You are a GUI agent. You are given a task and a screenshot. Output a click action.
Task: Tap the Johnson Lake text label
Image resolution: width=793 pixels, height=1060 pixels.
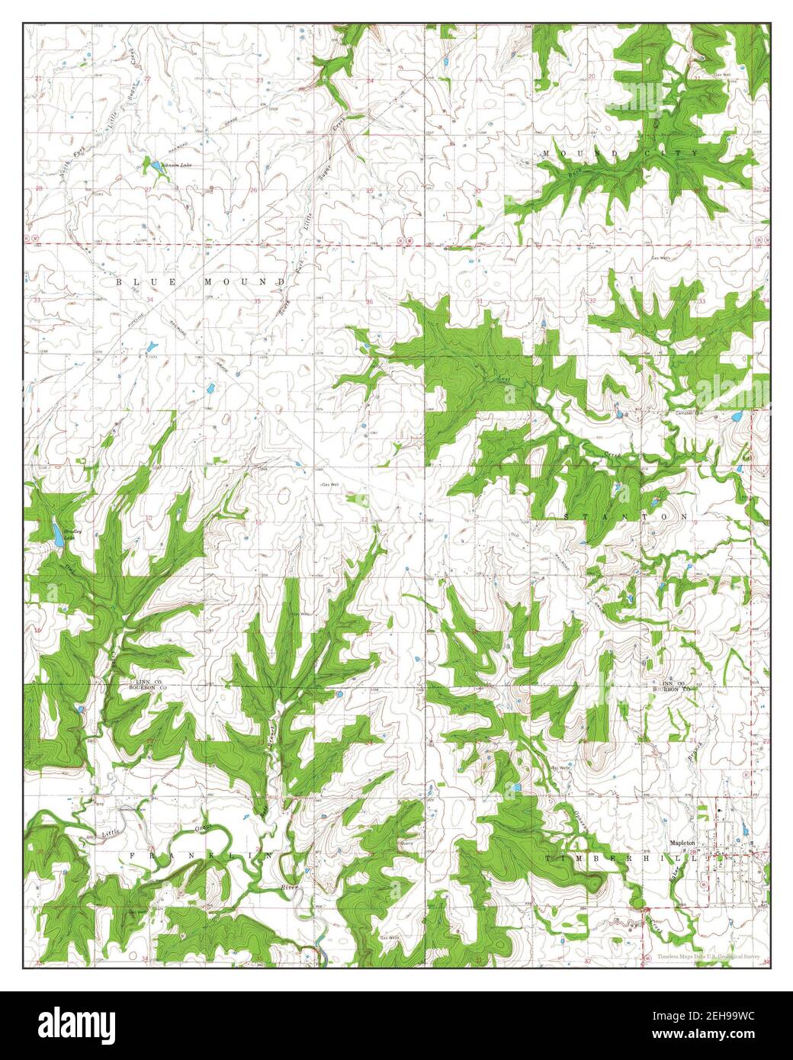(175, 164)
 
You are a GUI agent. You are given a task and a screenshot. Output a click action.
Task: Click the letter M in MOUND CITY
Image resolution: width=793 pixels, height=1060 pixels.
(546, 154)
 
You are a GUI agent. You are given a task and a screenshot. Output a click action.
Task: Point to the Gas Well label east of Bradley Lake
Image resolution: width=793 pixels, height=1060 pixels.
(329, 485)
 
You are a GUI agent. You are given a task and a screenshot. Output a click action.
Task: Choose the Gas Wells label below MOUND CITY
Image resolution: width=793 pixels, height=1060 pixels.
(662, 258)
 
